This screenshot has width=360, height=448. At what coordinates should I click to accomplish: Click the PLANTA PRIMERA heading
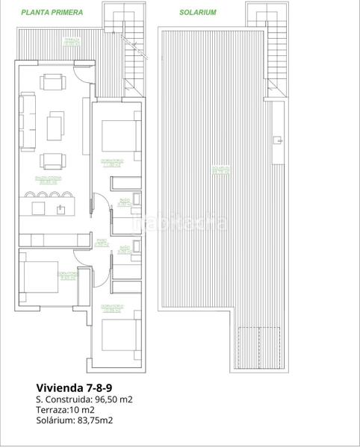point(52,13)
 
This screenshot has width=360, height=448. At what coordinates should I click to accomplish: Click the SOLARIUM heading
point(198,13)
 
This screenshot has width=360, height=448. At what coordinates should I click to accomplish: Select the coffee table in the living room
point(56,125)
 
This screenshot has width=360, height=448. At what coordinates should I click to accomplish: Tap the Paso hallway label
point(102,242)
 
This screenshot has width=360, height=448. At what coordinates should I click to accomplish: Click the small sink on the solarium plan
point(277,138)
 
